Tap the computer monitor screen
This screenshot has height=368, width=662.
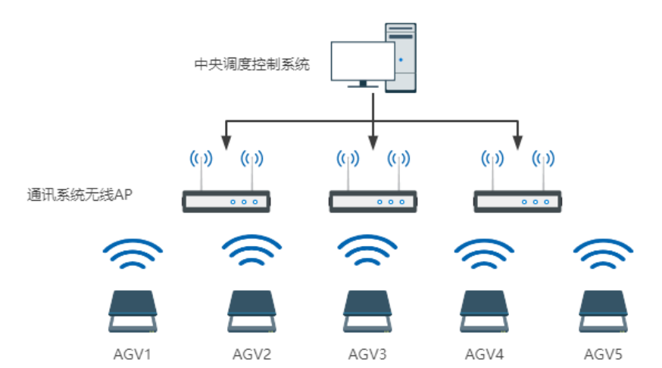point(363,60)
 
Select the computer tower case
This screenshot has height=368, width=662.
point(401,57)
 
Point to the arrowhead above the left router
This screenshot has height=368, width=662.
point(226,142)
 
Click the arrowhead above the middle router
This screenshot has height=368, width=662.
point(373,142)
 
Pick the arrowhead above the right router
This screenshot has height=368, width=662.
point(518,142)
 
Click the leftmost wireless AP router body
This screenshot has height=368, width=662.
point(226,201)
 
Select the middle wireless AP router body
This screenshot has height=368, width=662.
point(372,201)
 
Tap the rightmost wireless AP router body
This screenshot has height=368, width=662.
point(517,201)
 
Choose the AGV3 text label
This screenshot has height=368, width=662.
point(367,354)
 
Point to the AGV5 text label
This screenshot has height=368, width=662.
point(603,354)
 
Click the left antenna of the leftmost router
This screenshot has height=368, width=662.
point(201,170)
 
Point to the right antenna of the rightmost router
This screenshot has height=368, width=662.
point(542,170)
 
